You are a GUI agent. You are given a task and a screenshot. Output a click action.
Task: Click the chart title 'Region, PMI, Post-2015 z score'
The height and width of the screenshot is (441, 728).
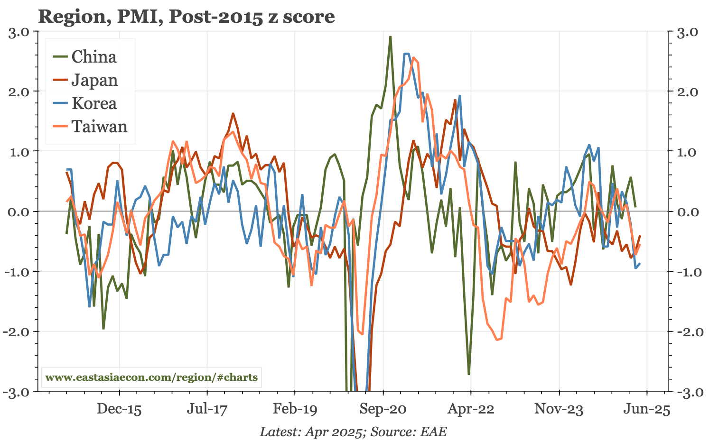tap(187, 17)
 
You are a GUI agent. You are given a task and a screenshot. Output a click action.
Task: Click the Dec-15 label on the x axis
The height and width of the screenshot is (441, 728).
tap(119, 409)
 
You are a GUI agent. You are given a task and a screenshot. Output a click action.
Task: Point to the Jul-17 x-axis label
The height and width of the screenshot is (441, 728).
tap(207, 409)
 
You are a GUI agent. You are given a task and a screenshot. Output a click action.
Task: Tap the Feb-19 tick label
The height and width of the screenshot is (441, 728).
tap(295, 409)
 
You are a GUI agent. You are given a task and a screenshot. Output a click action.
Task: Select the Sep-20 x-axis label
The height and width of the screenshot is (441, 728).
tap(383, 409)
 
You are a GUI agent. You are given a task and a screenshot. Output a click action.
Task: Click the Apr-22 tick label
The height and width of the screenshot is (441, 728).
tap(471, 409)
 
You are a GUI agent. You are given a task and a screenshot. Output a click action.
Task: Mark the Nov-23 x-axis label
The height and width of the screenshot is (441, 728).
tap(559, 409)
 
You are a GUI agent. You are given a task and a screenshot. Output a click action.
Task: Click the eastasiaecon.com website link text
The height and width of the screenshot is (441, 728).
tap(151, 378)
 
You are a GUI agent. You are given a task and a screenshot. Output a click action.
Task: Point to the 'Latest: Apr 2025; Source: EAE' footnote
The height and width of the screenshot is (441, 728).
tap(353, 432)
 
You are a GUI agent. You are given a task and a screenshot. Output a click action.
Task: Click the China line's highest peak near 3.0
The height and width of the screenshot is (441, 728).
tap(390, 37)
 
